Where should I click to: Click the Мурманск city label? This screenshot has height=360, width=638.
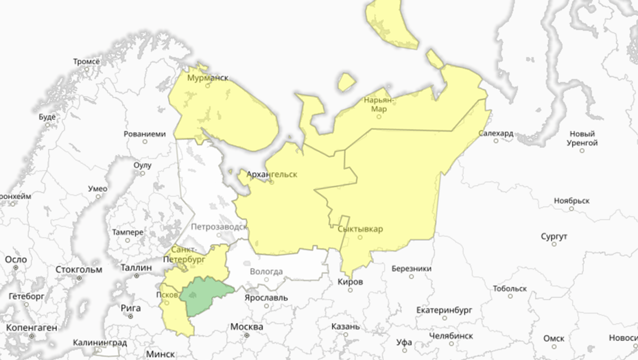pyautogui.click(x=208, y=78)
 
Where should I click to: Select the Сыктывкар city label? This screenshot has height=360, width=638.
pyautogui.click(x=360, y=229)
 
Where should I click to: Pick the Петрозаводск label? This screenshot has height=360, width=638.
pyautogui.click(x=219, y=226)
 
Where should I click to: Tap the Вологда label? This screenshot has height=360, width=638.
pyautogui.click(x=266, y=272)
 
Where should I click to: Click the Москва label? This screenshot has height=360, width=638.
pyautogui.click(x=247, y=326)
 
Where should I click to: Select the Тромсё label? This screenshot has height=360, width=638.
pyautogui.click(x=86, y=62)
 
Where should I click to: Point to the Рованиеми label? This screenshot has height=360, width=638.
pyautogui.click(x=145, y=134)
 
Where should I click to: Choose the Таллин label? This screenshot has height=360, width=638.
pyautogui.click(x=136, y=267)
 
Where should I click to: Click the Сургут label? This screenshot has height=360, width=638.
pyautogui.click(x=554, y=237)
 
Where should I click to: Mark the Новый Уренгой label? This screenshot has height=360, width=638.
pyautogui.click(x=582, y=138)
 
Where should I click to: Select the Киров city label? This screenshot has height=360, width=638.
pyautogui.click(x=351, y=282)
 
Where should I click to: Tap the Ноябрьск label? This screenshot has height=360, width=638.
pyautogui.click(x=571, y=201)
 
